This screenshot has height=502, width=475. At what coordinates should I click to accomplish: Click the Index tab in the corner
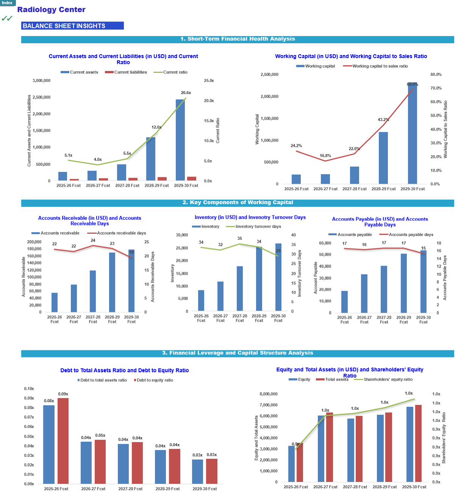click(8, 3)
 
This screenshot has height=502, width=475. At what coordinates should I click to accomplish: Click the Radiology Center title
click(51, 9)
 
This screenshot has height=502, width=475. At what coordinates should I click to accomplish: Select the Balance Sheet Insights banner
click(72, 25)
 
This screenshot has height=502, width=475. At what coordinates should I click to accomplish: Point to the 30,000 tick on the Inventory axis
click(181, 234)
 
